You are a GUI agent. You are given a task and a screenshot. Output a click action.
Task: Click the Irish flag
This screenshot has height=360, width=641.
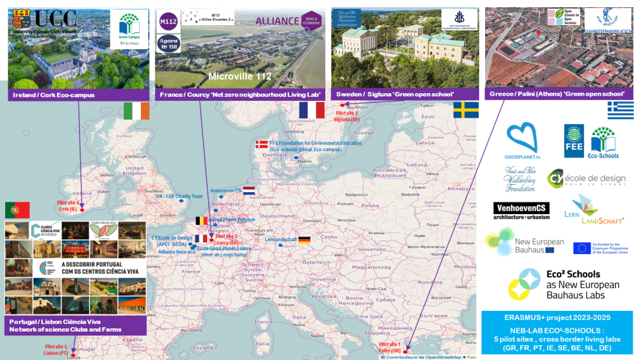[136, 111]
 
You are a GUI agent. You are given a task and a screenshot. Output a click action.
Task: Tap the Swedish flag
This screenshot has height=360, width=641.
[466, 110]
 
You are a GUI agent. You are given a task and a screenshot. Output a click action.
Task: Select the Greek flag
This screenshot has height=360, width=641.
[620, 111]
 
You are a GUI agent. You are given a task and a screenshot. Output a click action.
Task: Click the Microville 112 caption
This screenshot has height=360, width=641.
[240, 76]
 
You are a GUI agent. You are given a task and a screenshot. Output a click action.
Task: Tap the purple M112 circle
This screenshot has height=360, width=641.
[168, 21]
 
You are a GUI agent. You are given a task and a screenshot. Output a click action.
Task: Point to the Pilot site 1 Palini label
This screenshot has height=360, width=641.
[391, 348]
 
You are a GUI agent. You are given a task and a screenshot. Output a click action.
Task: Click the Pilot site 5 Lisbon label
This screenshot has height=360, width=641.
[56, 350]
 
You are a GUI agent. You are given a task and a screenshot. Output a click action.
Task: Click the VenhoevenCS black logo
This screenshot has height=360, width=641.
[521, 211]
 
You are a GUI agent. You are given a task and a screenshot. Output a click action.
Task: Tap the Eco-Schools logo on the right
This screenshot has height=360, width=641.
[603, 142]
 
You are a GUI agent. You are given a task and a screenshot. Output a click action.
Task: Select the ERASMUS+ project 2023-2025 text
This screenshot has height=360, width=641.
[557, 317]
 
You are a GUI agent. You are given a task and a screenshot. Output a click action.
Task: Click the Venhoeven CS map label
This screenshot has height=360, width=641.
[226, 191]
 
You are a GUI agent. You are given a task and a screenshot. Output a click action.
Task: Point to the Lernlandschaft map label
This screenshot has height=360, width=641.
[281, 239]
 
